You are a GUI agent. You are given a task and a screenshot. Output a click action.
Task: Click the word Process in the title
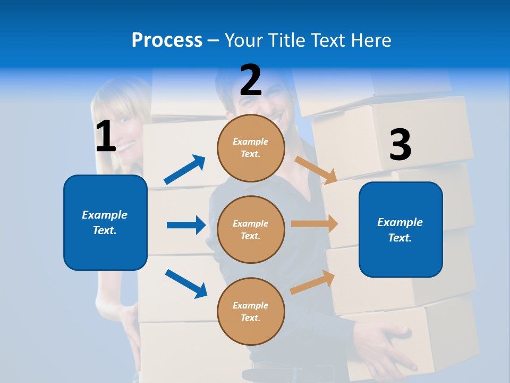[167, 40]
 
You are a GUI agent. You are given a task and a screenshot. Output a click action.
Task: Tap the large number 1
[106, 136]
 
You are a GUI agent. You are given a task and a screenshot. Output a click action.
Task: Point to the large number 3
[400, 145]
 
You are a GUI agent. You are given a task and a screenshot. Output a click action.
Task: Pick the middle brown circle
[251, 229]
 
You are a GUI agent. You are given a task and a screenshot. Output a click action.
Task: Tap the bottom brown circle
[251, 311]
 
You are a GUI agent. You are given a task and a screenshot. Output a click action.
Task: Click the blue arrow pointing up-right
[184, 170]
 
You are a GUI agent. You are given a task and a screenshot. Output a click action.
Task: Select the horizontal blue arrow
[186, 225]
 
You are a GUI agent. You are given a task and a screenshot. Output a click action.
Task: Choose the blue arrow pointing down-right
[186, 283]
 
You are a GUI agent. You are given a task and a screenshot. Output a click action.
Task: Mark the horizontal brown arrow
[314, 224]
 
